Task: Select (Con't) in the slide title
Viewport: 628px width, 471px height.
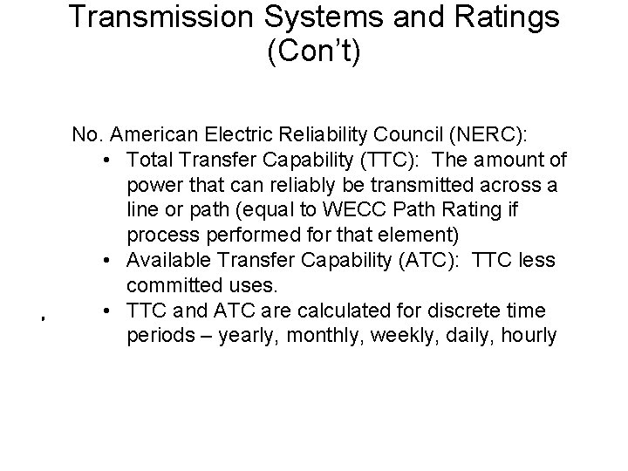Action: (x=314, y=51)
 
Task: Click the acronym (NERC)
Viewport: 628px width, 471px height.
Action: (x=493, y=136)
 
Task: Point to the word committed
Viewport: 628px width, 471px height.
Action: (x=171, y=285)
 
